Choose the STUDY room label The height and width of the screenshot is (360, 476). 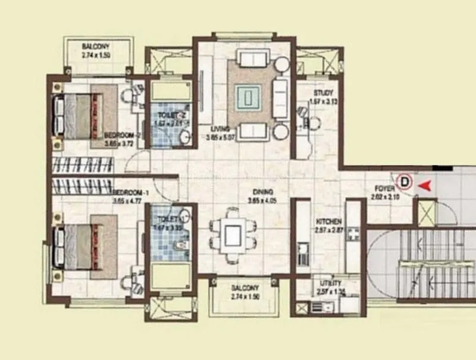click(324, 93)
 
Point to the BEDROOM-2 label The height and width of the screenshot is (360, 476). click(122, 135)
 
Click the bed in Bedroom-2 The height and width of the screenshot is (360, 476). click(83, 115)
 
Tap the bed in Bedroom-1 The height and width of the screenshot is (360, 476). click(83, 246)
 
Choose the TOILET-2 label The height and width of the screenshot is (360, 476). click(170, 115)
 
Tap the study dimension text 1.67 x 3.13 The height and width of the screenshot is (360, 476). click(324, 101)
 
